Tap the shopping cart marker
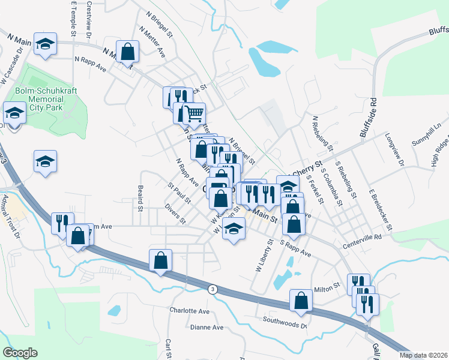pyautogui.click(x=193, y=113)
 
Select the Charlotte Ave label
pyautogui.click(x=189, y=311)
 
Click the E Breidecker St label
pyautogui.click(x=381, y=212)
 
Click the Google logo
pyautogui.click(x=20, y=353)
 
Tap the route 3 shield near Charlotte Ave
pyautogui.click(x=212, y=289)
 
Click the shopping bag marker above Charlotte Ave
pyautogui.click(x=160, y=260)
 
